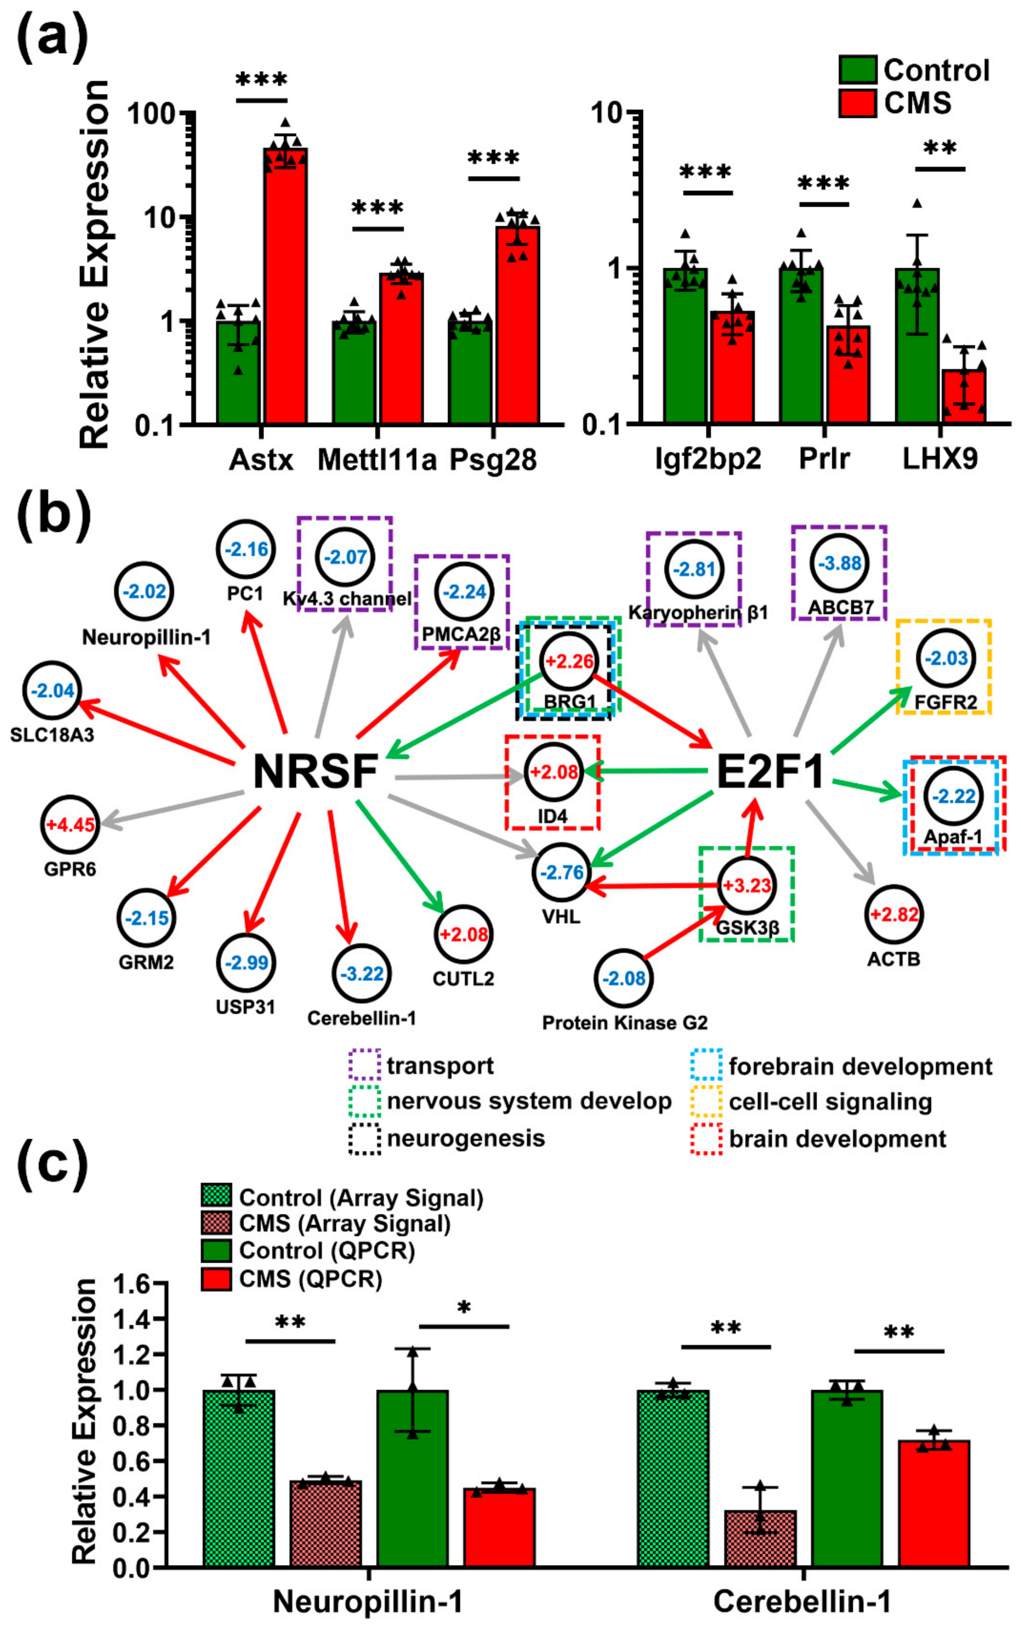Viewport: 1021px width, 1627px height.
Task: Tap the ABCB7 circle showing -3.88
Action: tap(839, 563)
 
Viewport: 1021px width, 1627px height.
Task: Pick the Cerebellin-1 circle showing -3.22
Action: tap(361, 974)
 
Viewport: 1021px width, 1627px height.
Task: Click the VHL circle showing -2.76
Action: tap(561, 872)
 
